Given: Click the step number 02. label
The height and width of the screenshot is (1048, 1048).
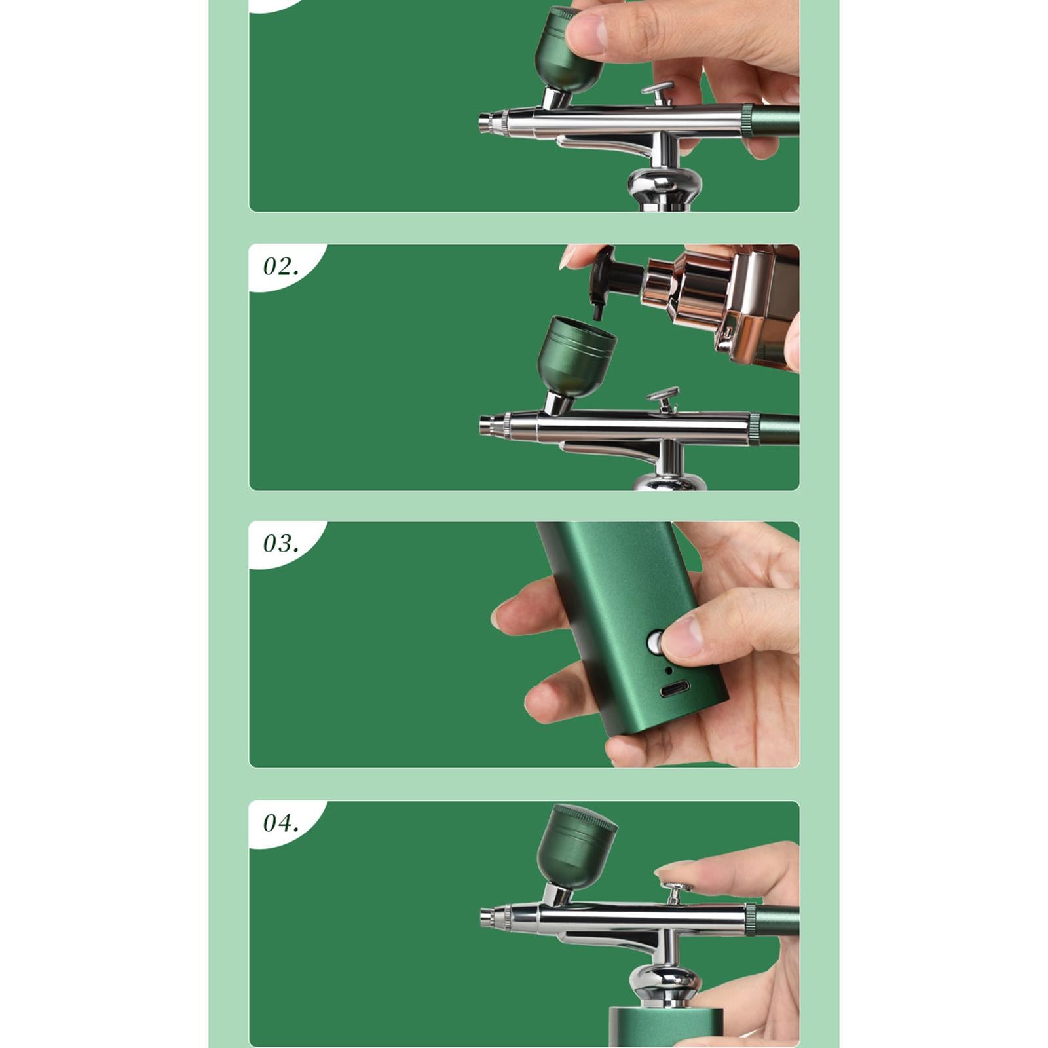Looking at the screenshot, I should (x=280, y=267).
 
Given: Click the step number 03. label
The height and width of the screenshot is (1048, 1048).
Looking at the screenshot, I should (x=280, y=544).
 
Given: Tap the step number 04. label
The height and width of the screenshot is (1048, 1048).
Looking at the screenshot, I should (x=280, y=823).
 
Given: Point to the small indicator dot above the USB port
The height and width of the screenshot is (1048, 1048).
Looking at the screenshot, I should (x=667, y=670).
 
